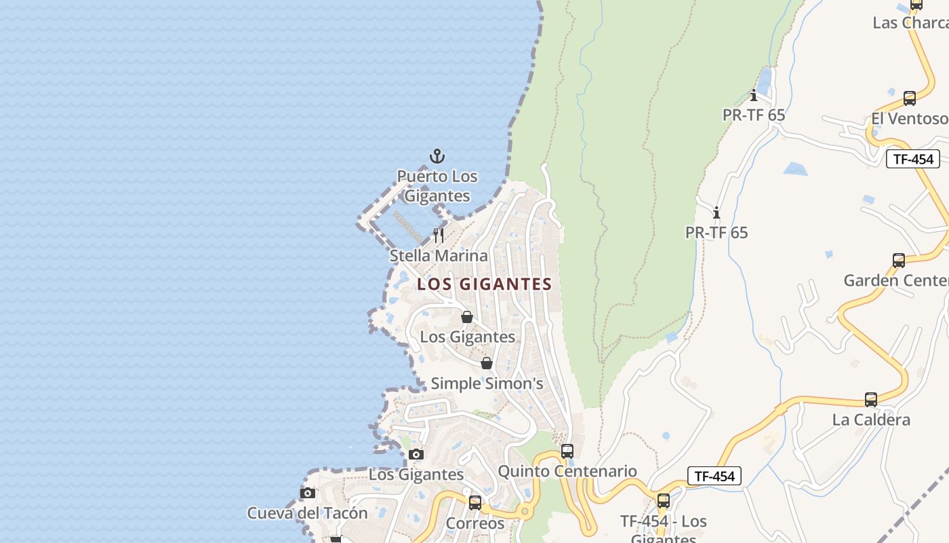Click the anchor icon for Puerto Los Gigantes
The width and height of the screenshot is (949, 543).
pos(438,157)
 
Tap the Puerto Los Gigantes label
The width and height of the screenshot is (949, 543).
pos(437,186)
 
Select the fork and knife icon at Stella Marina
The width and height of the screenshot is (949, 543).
pos(439,236)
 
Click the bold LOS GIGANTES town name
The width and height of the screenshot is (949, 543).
pos(485,284)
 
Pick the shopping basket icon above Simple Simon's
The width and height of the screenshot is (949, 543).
pos(486,363)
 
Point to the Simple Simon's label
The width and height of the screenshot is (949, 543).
pos(487,383)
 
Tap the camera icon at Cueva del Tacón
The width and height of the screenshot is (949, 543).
pos(308,493)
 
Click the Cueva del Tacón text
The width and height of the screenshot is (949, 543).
pos(307,513)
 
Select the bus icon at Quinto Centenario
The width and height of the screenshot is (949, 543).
pos(567,451)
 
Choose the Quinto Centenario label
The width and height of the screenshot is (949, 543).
pos(567,471)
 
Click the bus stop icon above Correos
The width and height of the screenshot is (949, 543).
pos(475,503)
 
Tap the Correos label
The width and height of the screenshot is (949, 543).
pos(475,523)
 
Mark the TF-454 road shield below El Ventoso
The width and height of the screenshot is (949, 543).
pos(913,160)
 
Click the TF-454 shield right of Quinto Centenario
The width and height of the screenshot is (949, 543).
pos(714,476)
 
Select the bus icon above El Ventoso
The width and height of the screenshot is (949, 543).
pos(910,98)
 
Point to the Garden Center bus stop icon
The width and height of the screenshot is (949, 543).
pos(899,260)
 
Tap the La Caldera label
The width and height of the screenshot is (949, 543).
pos(871,419)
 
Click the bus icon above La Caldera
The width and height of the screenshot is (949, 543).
pos(871,400)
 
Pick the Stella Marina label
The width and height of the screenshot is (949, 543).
pos(439,256)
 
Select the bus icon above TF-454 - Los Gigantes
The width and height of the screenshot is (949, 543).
pos(664,501)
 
